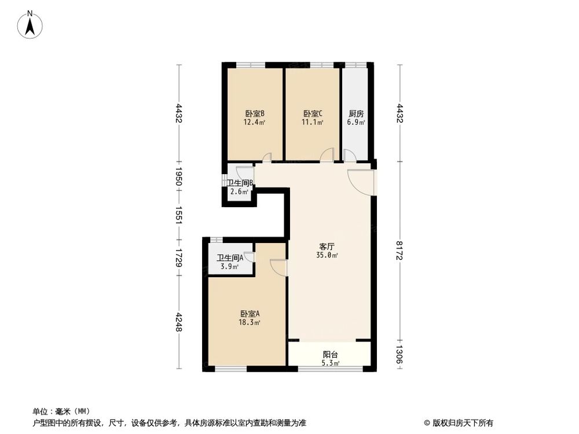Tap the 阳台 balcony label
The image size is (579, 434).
coord(331,355)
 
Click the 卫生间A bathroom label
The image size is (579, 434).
coord(230,259)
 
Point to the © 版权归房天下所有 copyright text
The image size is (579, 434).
coord(458,423)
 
